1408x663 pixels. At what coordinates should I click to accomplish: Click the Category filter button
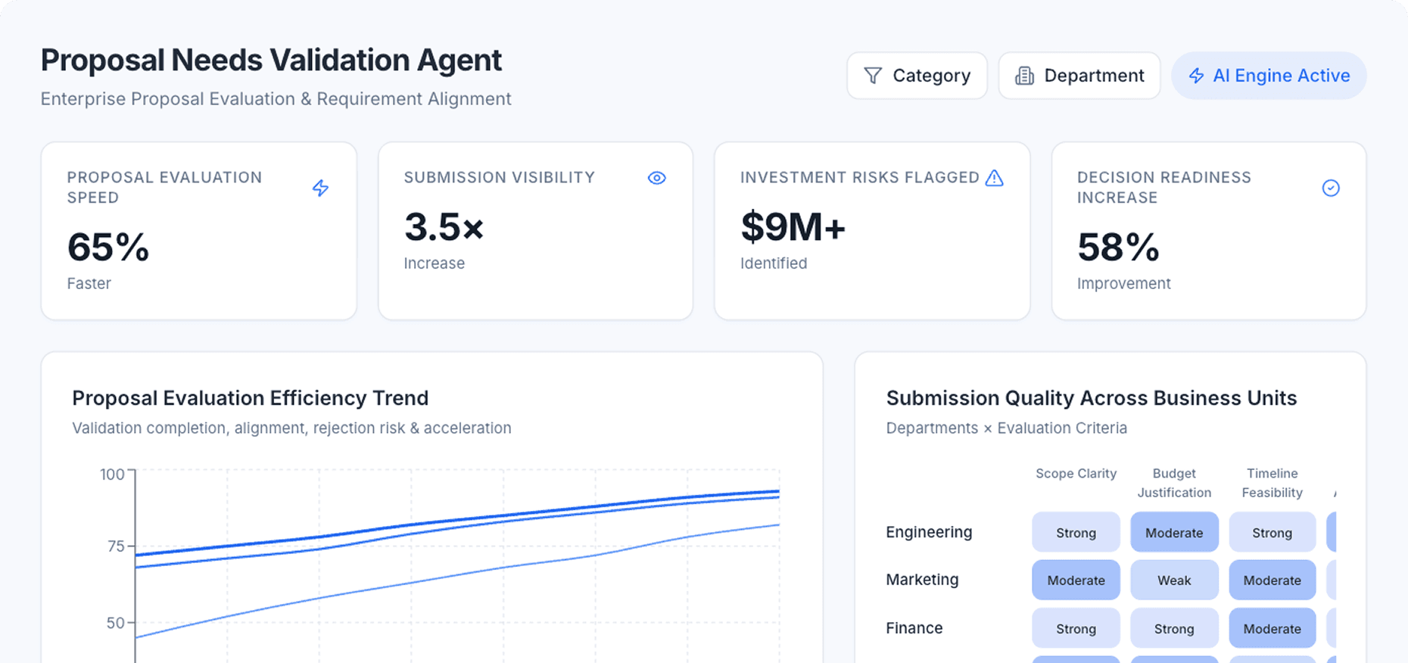click(x=917, y=76)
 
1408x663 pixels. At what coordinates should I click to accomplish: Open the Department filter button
click(x=1079, y=76)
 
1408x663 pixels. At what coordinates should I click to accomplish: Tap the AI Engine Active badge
click(x=1269, y=76)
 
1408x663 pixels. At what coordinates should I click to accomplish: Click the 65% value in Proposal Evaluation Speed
click(x=108, y=247)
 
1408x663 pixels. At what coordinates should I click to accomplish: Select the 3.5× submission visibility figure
click(x=444, y=227)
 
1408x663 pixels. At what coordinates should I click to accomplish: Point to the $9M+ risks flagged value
click(x=793, y=227)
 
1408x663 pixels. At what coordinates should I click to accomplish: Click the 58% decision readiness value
click(x=1118, y=247)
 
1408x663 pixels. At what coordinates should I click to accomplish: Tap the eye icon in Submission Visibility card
click(x=656, y=178)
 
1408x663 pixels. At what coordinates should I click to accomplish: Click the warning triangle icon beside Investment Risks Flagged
click(x=994, y=178)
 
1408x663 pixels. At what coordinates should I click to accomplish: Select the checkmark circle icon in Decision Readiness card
click(x=1330, y=188)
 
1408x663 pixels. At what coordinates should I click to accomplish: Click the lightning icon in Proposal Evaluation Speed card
click(x=320, y=188)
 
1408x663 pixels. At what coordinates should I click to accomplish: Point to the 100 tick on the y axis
click(x=113, y=475)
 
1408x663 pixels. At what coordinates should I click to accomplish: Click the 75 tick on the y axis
click(x=116, y=546)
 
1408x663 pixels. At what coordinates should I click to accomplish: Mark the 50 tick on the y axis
click(x=116, y=623)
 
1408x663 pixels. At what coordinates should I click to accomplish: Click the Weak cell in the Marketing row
click(x=1174, y=581)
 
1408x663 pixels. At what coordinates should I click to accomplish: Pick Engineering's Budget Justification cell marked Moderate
click(x=1174, y=532)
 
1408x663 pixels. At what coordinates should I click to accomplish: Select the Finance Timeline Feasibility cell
click(x=1272, y=628)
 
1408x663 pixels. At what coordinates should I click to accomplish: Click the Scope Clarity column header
click(x=1076, y=474)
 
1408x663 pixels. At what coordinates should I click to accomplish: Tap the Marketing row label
click(x=922, y=580)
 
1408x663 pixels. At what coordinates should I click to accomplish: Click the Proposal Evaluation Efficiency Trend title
click(x=250, y=398)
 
